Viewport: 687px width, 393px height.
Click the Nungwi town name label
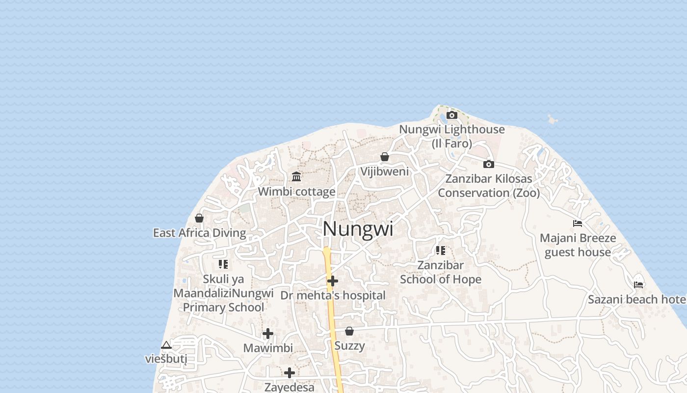point(358,229)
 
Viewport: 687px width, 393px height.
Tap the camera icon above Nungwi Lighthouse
point(452,115)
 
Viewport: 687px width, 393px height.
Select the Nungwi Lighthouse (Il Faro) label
point(452,136)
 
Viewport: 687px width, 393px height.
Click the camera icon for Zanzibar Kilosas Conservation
point(488,165)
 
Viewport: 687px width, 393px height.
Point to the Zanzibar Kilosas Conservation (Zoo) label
point(489,186)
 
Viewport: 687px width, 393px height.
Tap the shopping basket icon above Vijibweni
point(385,157)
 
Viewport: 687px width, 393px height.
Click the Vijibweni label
point(385,171)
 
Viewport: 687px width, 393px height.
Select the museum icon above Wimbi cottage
point(296,177)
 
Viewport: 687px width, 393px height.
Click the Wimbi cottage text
point(296,192)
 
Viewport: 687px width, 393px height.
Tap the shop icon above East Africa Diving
point(199,218)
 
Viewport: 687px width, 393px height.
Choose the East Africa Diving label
point(199,233)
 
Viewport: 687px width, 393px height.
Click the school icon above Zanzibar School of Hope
point(441,251)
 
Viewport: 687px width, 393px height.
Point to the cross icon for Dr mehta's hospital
point(333,281)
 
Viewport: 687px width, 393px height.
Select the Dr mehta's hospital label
point(333,295)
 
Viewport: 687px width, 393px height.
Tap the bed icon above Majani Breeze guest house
point(578,224)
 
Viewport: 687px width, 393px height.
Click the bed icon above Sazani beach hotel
point(638,284)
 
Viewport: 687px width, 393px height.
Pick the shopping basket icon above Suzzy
point(349,331)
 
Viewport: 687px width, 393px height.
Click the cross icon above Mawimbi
point(268,334)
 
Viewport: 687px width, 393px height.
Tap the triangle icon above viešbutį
point(166,345)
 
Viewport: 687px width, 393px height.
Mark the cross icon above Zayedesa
point(290,373)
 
